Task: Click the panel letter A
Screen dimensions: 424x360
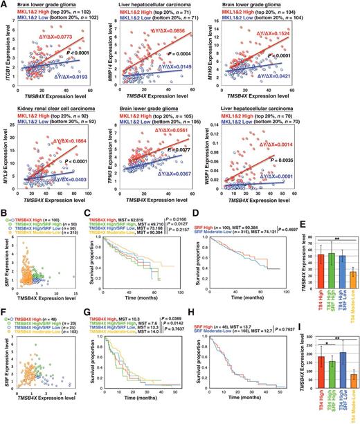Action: pos(5,5)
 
